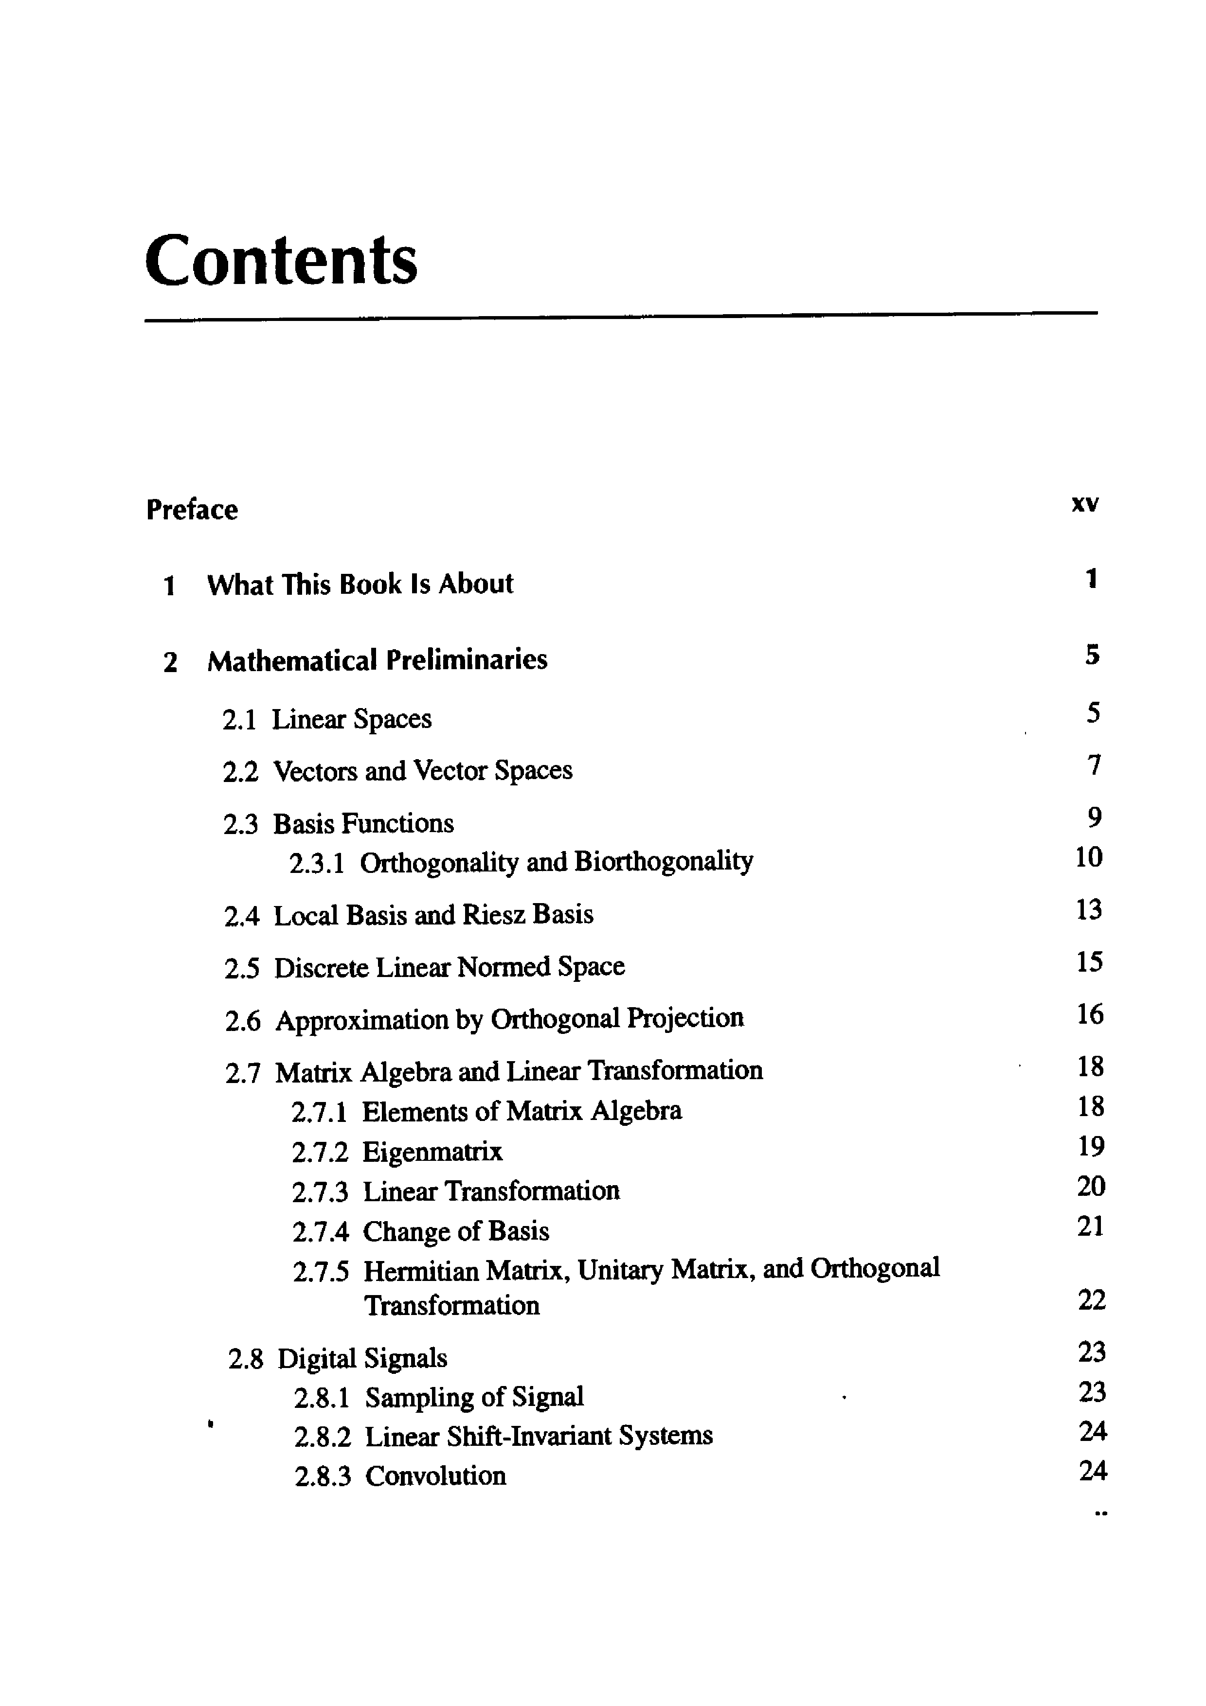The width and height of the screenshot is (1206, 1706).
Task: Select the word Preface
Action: click(x=192, y=510)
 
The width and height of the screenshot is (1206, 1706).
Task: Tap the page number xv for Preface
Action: click(x=1084, y=504)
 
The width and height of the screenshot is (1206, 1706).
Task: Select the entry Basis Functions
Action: click(x=363, y=823)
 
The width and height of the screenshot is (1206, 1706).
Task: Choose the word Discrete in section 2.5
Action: click(x=322, y=967)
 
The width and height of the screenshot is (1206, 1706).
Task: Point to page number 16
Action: click(x=1090, y=1014)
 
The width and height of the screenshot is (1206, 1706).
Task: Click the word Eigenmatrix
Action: click(x=432, y=1152)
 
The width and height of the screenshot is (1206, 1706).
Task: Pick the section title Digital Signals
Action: click(x=362, y=1358)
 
